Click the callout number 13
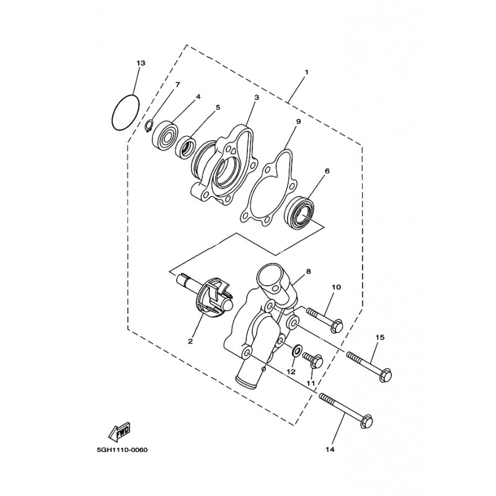(141, 64)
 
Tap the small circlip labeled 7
(149, 127)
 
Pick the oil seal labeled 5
(184, 148)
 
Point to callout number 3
(255, 98)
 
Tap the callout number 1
(306, 73)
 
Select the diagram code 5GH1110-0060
(123, 449)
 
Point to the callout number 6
(327, 171)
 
